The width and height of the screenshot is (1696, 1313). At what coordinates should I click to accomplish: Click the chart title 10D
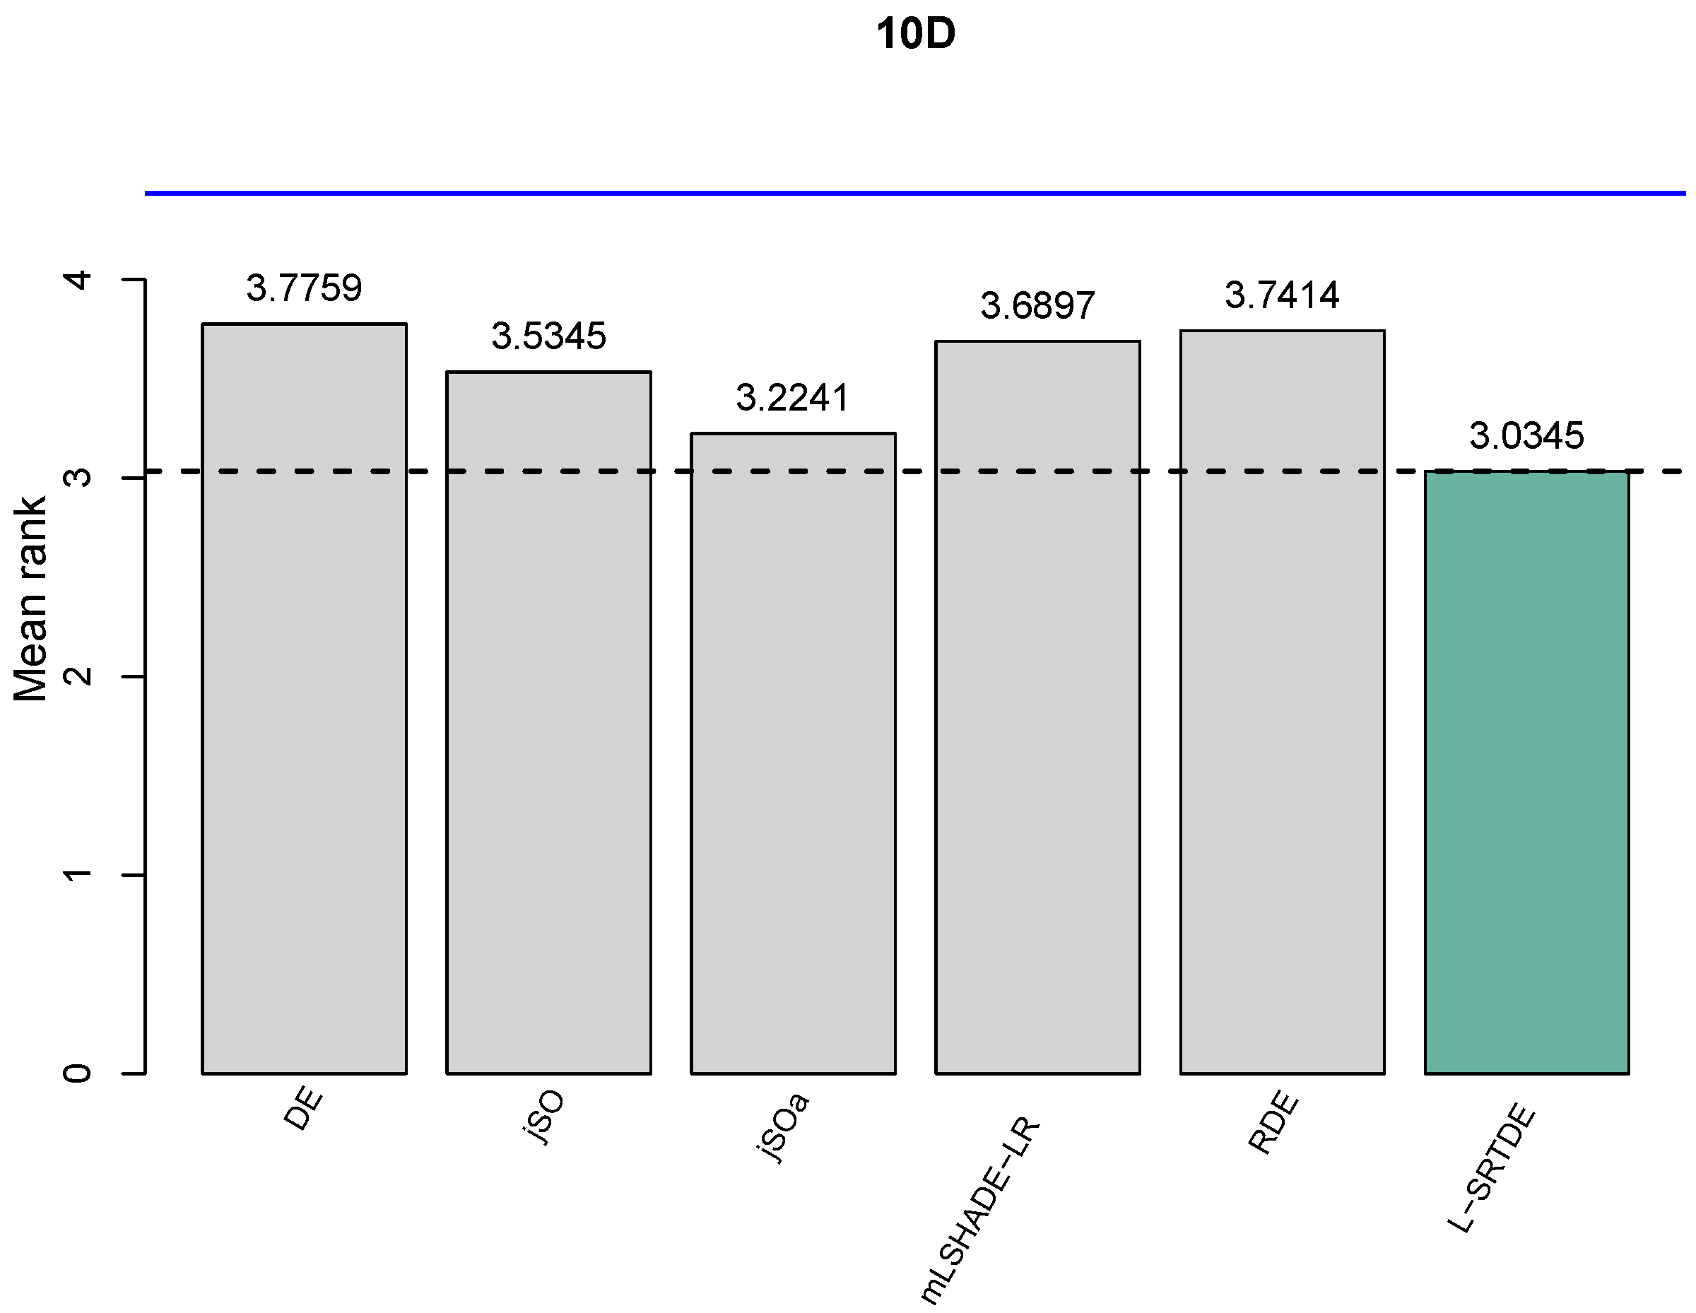pos(915,35)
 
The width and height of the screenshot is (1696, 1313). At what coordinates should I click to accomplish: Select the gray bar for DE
pos(305,699)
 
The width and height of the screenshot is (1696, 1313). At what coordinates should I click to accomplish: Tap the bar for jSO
pos(548,722)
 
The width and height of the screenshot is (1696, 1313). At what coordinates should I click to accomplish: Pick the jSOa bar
pos(793,753)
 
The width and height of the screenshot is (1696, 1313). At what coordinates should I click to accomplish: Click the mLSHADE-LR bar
pos(1037,707)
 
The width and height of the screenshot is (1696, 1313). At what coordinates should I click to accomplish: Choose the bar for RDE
pos(1282,702)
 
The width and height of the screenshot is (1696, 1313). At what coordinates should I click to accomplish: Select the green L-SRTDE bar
pos(1526,772)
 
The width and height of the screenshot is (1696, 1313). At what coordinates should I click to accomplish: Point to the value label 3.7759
pos(305,288)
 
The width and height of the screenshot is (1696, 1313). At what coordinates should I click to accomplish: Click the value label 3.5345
pos(548,336)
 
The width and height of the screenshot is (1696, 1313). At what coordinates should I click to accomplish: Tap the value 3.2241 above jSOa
pos(793,398)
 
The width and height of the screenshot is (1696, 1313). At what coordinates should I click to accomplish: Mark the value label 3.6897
pos(1037,305)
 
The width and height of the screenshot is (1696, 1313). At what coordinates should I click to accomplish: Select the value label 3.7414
pos(1282,295)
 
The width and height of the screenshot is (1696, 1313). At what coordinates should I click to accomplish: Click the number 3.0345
pos(1526,435)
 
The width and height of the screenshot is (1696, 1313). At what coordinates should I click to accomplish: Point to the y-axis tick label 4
pos(78,280)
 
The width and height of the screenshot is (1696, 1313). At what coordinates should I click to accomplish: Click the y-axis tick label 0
pos(78,1074)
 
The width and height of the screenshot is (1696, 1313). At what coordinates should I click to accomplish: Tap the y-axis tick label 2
pos(78,676)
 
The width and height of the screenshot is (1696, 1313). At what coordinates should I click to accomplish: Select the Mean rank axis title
pos(31,599)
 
